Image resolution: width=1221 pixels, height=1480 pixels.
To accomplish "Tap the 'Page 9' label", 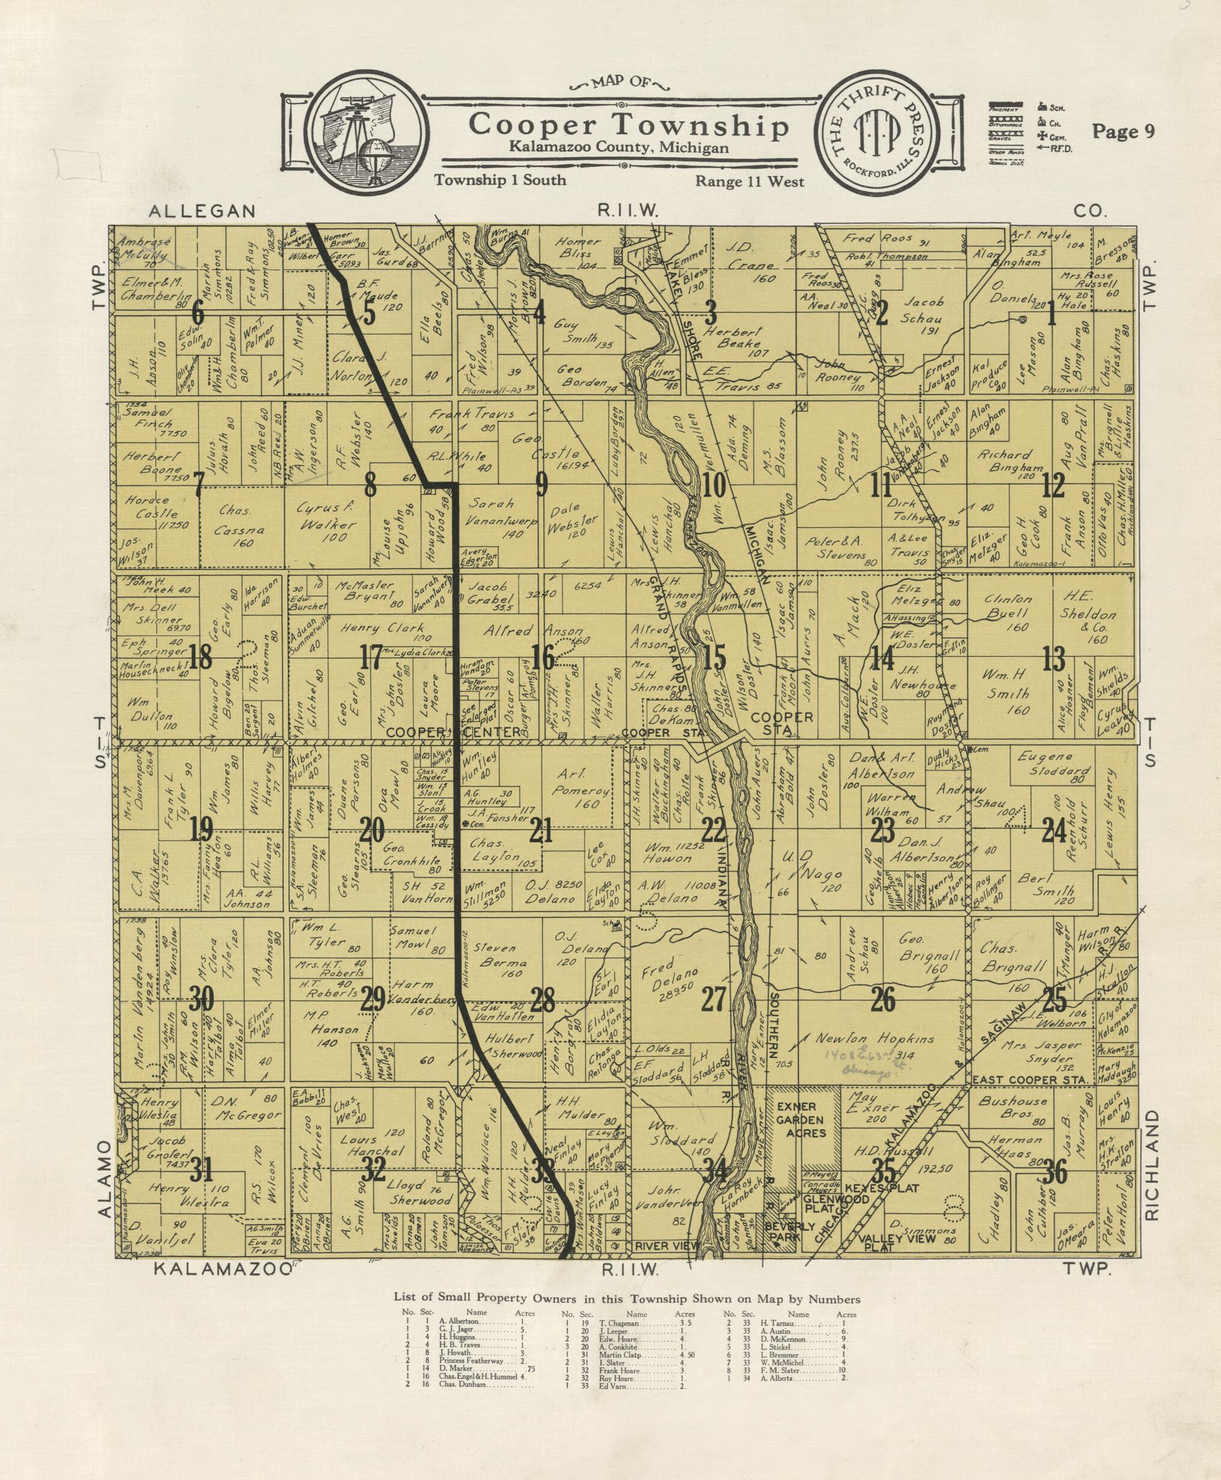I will (1122, 132).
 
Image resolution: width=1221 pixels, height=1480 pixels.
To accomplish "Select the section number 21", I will (542, 832).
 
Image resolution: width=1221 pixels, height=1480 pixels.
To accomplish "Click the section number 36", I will (1055, 1173).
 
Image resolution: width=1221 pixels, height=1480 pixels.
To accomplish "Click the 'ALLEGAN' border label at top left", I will (202, 210).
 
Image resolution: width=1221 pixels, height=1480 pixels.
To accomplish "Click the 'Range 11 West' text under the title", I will (749, 181).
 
